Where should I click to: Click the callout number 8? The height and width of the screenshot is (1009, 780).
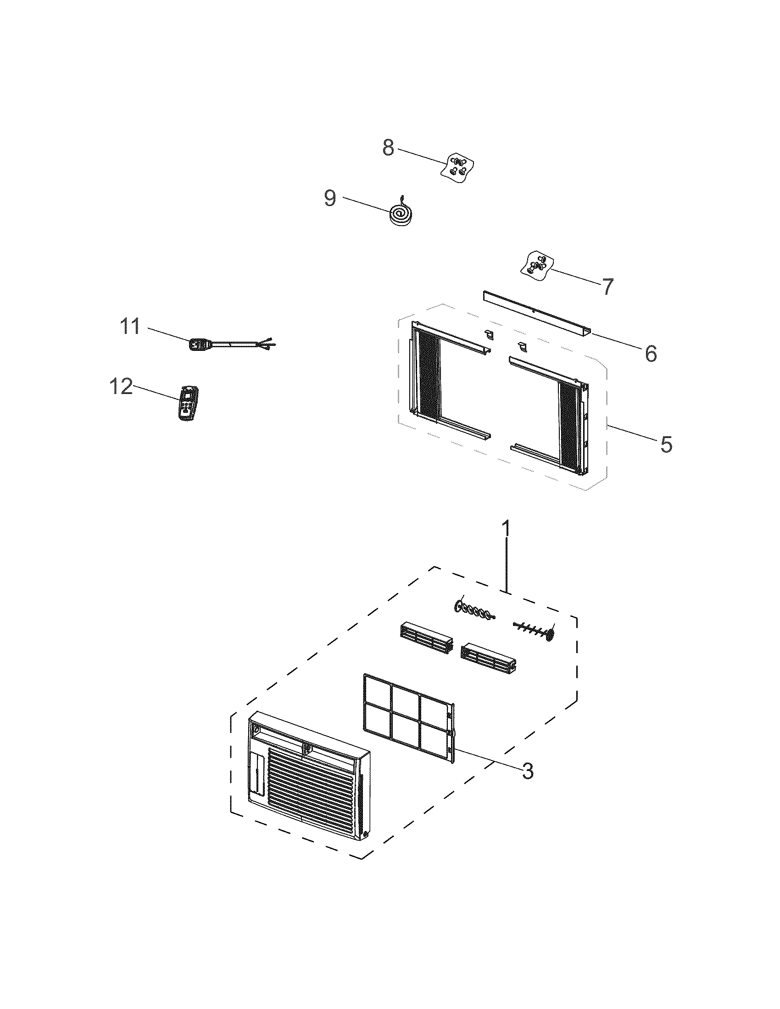388,148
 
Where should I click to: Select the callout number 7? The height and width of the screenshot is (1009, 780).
608,287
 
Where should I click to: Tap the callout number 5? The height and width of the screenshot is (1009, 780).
666,444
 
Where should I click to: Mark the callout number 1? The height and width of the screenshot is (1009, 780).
507,536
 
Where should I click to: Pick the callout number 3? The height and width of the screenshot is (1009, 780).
527,770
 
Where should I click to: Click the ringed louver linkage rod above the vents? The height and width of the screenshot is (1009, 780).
474,614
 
